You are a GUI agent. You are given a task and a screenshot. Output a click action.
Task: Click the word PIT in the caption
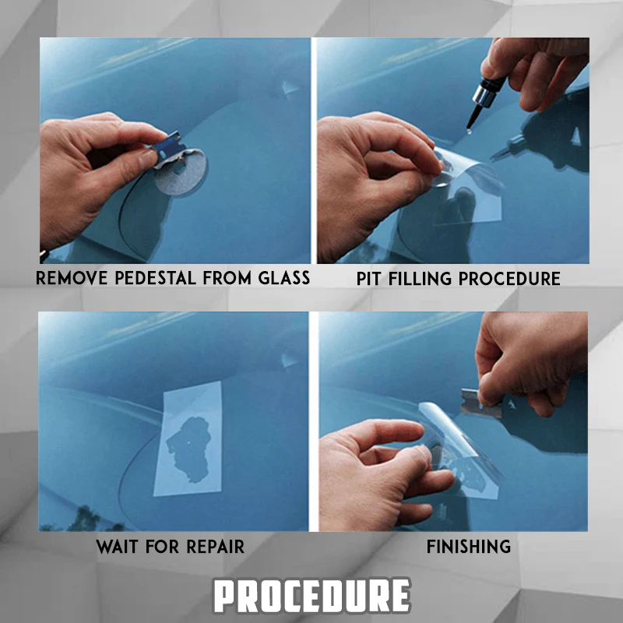[371, 278]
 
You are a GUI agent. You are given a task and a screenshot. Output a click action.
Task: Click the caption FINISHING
[469, 547]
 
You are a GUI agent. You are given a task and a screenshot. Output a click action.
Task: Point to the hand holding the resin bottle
[537, 74]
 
